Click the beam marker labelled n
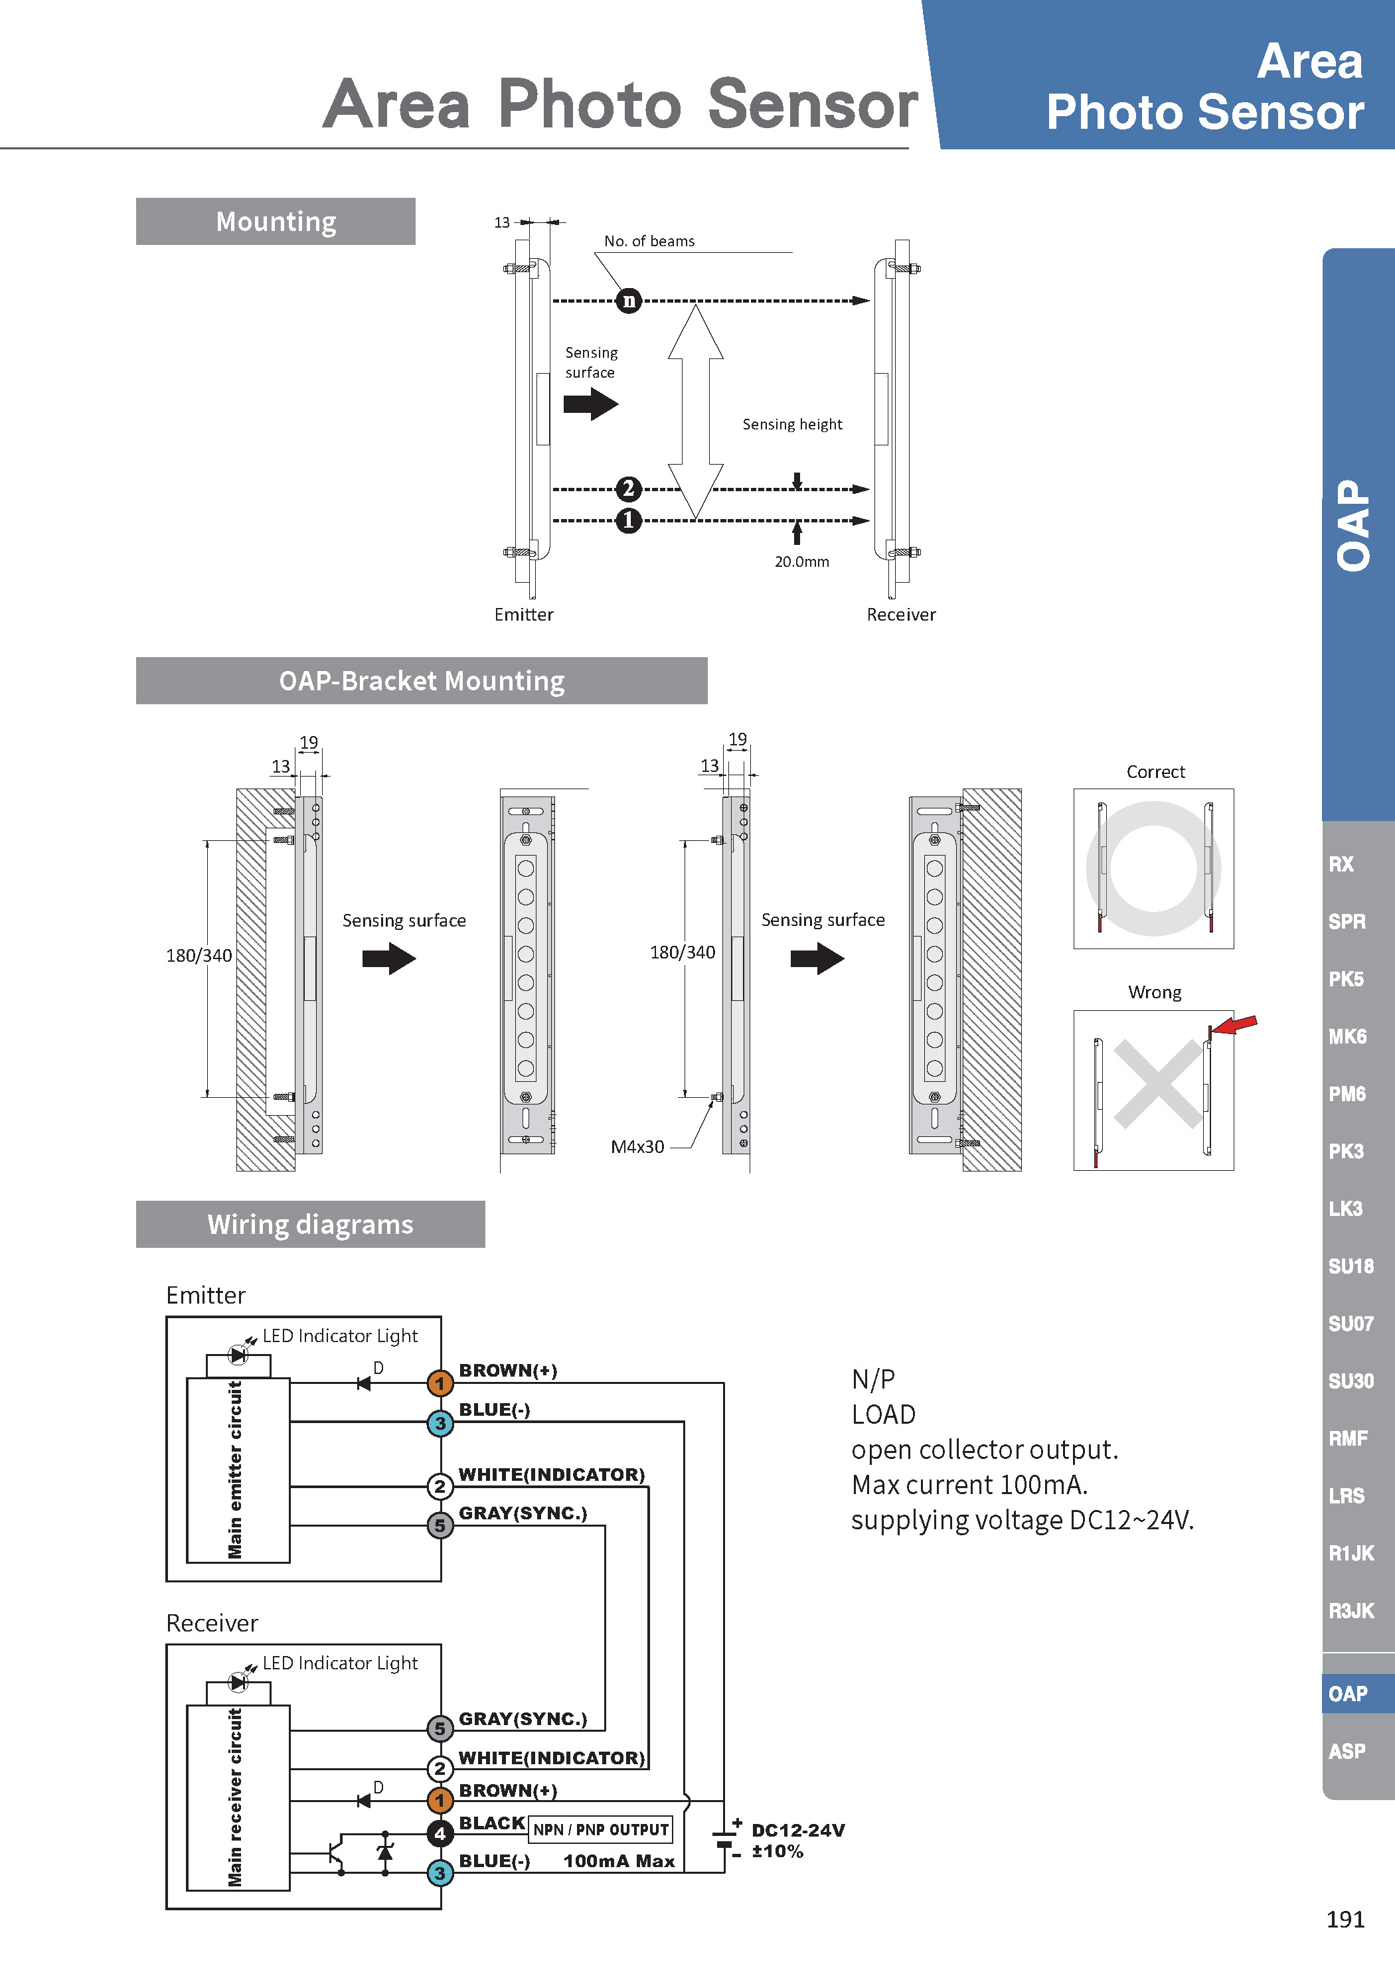coord(629,301)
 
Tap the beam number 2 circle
coord(629,489)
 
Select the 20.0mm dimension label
coord(801,562)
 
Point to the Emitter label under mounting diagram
coord(523,614)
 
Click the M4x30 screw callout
coord(637,1146)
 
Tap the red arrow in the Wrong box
coord(1236,1024)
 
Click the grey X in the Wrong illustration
coord(1157,1083)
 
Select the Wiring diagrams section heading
coord(310,1224)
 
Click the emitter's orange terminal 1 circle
coord(440,1383)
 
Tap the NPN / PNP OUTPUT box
coord(600,1829)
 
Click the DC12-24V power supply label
coord(798,1830)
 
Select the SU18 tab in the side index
coord(1351,1266)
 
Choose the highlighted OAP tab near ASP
coord(1347,1694)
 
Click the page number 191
coord(1345,1919)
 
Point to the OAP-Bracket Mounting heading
coord(421,680)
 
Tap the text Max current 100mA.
coord(969,1484)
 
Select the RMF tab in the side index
coord(1348,1438)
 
